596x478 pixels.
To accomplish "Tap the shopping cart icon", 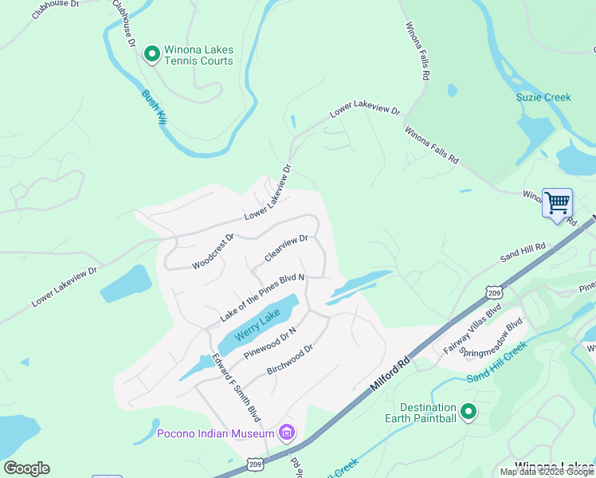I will coord(557,202).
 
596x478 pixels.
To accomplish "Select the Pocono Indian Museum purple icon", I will coord(287,433).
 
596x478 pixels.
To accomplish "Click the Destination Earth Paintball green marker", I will coord(469,412).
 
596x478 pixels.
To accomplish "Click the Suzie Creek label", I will coord(543,97).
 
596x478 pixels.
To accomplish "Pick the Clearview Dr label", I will coord(286,248).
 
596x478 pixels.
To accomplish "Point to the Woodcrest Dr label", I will coord(213,251).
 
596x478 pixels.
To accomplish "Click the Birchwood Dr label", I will coord(291,359).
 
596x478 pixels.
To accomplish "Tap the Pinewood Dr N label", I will coord(270,342).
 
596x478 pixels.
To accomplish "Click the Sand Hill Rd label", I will coord(523,253).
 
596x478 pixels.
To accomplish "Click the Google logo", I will coord(27,468).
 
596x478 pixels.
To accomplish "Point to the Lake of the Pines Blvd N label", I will coord(262,298).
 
